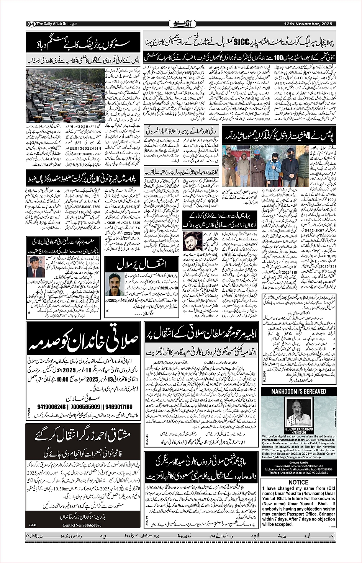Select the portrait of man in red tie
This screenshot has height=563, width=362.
[x=36, y=266]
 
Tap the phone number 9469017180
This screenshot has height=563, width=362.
[x=117, y=407]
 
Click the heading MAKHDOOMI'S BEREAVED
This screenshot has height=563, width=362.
[x=298, y=392]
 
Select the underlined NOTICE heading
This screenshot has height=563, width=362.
[x=298, y=482]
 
